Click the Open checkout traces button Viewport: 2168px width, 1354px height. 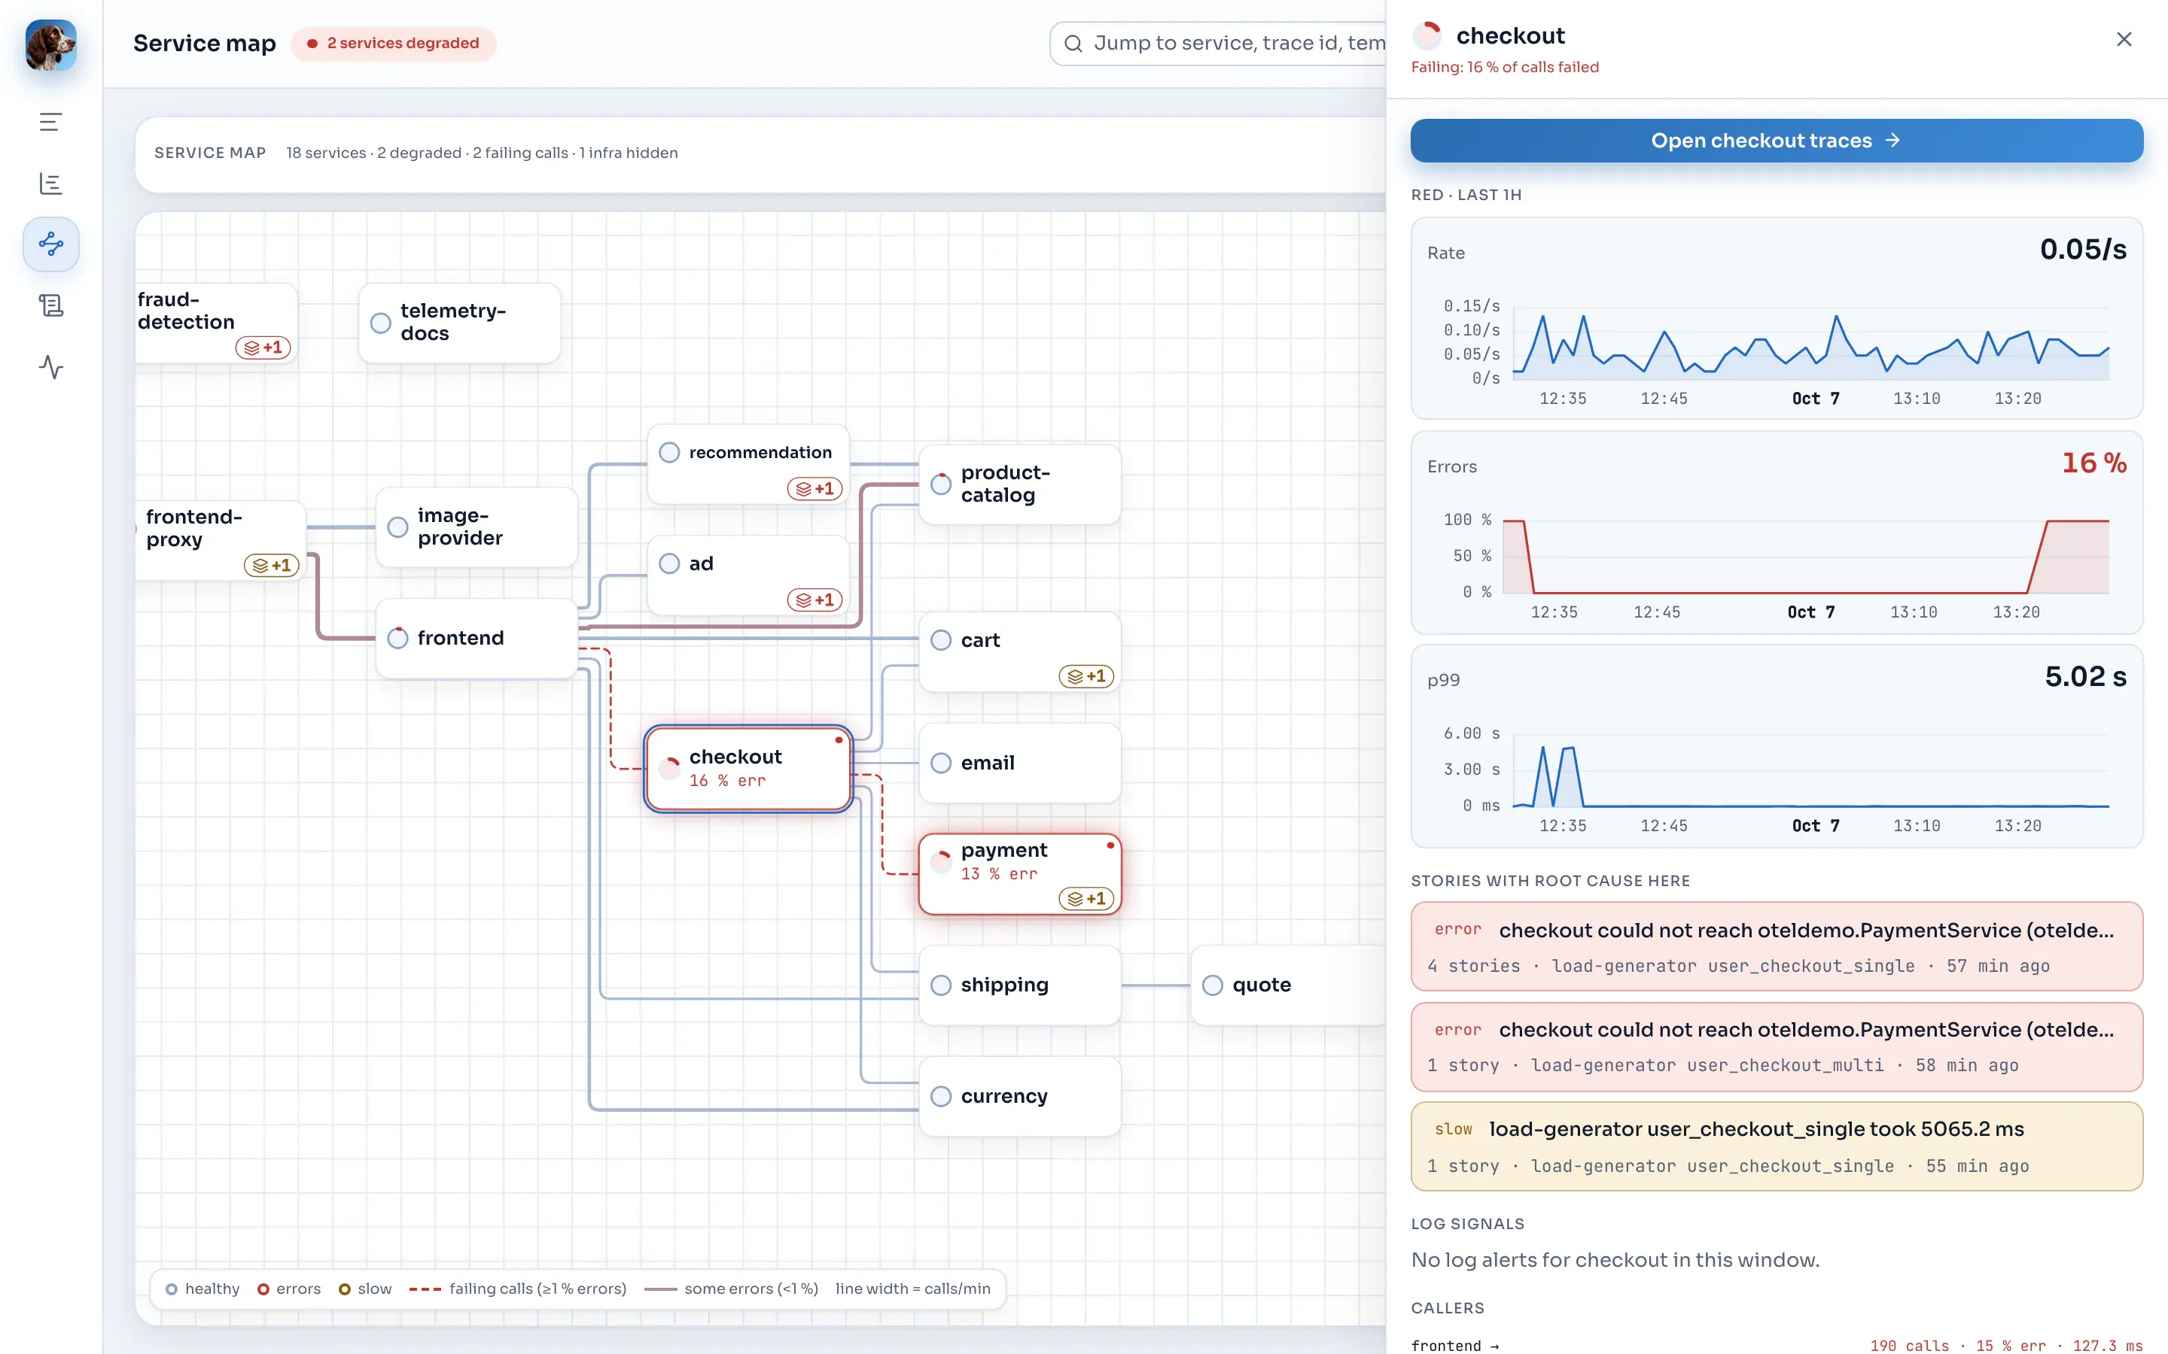point(1776,141)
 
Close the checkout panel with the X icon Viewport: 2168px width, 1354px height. point(2123,39)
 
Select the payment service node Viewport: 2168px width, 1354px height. point(1019,874)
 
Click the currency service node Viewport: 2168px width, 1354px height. point(1019,1096)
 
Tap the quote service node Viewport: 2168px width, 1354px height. point(1288,985)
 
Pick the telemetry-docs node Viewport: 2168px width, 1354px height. point(460,323)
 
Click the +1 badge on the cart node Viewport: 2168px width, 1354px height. point(1086,676)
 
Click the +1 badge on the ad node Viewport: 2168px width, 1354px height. point(815,600)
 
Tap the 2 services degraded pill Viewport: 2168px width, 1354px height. point(393,43)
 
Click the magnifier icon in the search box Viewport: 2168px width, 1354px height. point(1073,43)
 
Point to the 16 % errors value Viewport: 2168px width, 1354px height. point(2093,463)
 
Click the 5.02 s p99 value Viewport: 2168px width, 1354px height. point(2084,676)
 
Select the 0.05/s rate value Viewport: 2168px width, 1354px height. point(2083,249)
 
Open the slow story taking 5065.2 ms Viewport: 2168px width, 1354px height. point(1776,1146)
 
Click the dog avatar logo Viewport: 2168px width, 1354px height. point(51,45)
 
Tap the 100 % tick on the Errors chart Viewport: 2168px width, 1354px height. point(1467,519)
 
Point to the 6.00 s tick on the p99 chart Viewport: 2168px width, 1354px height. point(1471,733)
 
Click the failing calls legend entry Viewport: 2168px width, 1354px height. point(518,1289)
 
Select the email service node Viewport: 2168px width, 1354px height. point(1019,763)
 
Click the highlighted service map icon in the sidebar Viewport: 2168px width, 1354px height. point(51,244)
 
